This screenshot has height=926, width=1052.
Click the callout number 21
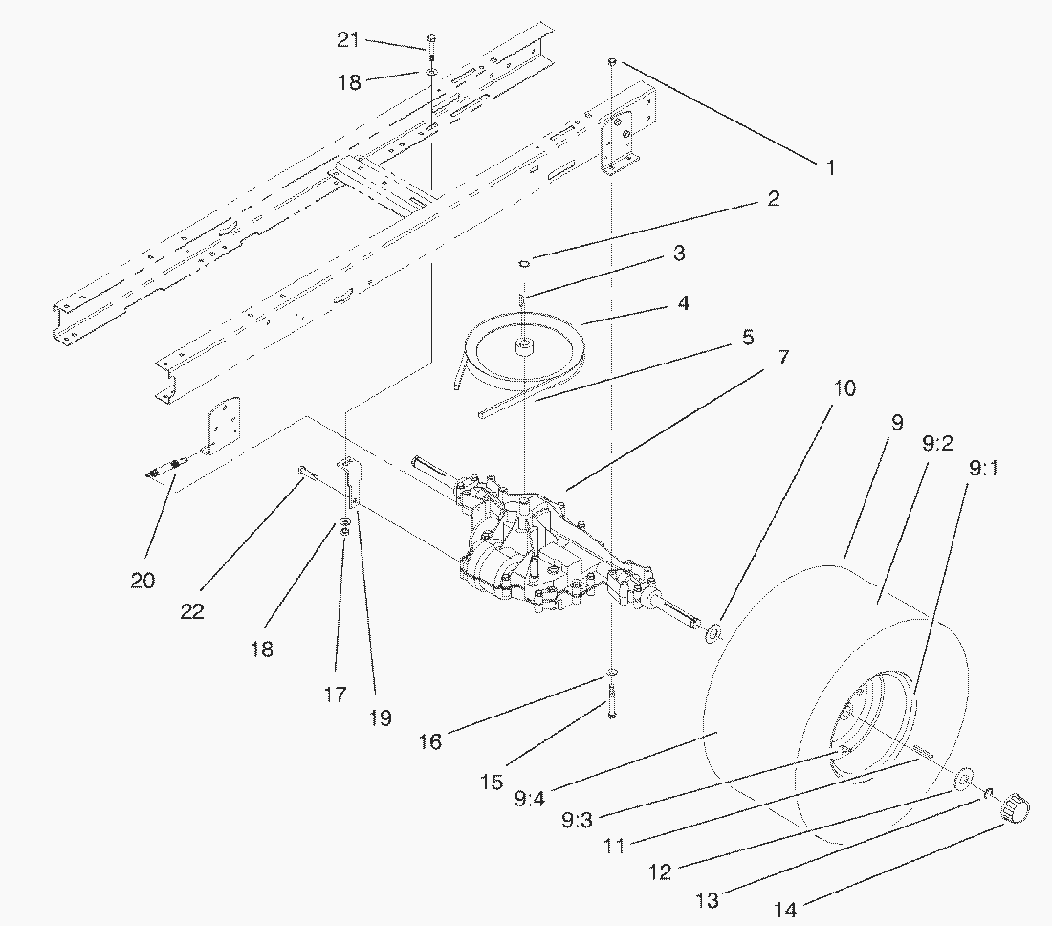pos(348,40)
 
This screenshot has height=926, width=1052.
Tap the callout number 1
pos(830,167)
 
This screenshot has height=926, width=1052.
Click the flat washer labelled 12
pos(963,778)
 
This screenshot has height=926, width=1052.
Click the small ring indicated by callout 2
pos(524,262)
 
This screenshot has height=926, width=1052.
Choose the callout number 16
pos(430,740)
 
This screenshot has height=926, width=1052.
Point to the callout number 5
pos(747,338)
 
